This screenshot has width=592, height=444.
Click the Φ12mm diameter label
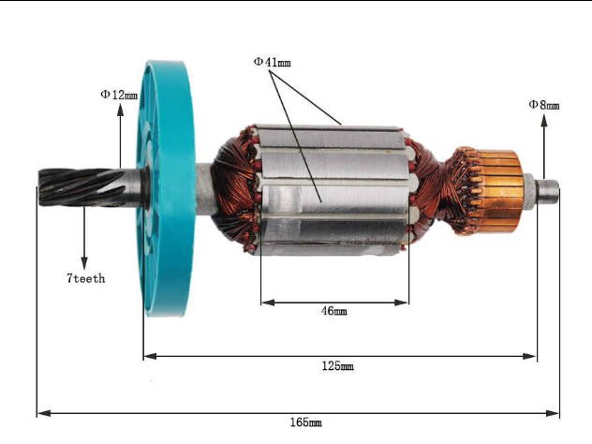pos(119,95)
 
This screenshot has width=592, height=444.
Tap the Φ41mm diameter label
pos(272,62)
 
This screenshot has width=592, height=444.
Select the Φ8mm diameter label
pos(543,106)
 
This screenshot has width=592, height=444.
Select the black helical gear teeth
pos(75,186)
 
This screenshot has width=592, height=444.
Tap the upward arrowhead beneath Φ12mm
pos(120,110)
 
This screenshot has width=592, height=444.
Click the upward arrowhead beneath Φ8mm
pos(543,120)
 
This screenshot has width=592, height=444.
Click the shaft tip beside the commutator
pos(550,190)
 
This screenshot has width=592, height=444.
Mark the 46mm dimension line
pos(334,302)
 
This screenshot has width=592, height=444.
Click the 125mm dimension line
pos(339,356)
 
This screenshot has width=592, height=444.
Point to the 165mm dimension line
pos(298,412)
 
